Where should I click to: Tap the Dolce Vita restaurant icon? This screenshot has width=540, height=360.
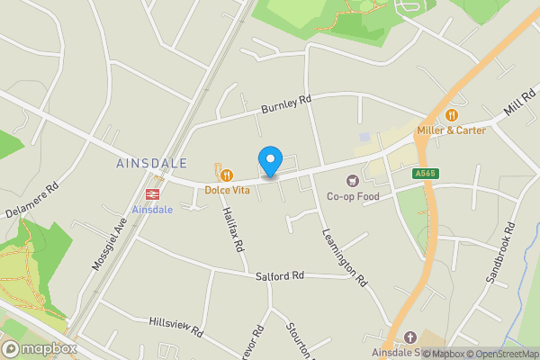click(228, 175)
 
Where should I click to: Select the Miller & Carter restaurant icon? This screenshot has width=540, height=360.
click(451, 115)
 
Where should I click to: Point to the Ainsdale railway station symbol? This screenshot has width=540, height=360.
click(151, 194)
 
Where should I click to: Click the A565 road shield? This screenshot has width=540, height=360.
click(425, 173)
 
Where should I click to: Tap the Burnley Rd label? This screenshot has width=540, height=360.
click(285, 104)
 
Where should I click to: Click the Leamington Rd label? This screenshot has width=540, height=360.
click(345, 256)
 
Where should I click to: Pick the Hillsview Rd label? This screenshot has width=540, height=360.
click(176, 327)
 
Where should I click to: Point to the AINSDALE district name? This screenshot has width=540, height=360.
click(151, 164)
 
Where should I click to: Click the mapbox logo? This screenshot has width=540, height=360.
click(38, 348)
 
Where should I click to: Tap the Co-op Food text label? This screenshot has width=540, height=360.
click(353, 196)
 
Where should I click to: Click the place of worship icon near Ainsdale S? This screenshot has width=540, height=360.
click(410, 336)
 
